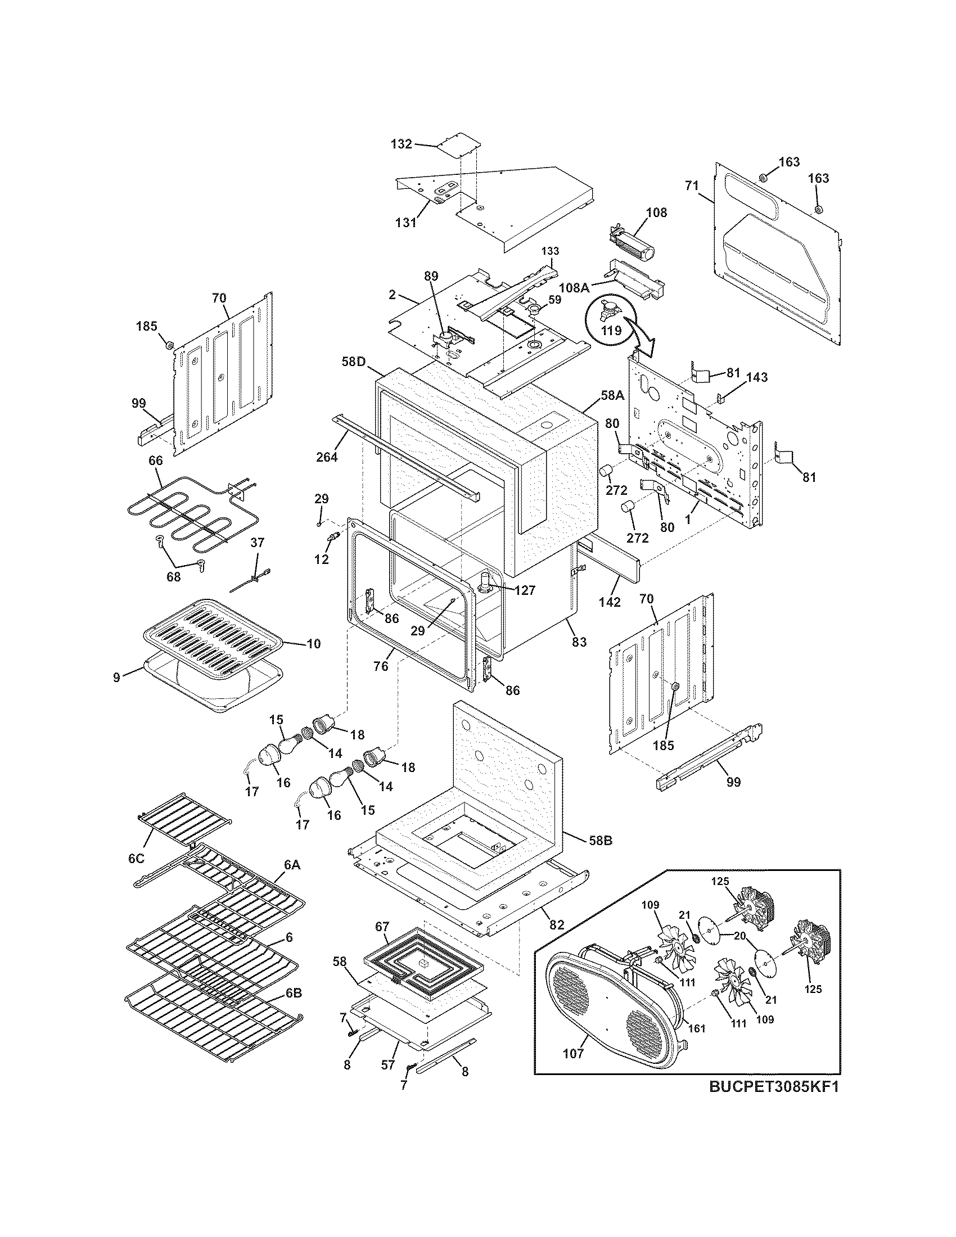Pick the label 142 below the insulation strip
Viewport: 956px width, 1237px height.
610,602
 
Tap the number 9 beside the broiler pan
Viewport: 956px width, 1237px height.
116,677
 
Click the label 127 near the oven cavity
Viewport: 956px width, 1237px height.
525,590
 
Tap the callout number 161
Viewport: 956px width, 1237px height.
696,1028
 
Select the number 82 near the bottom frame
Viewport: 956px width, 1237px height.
557,925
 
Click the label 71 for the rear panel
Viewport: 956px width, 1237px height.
691,185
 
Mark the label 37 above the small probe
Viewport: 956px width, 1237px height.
257,543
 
